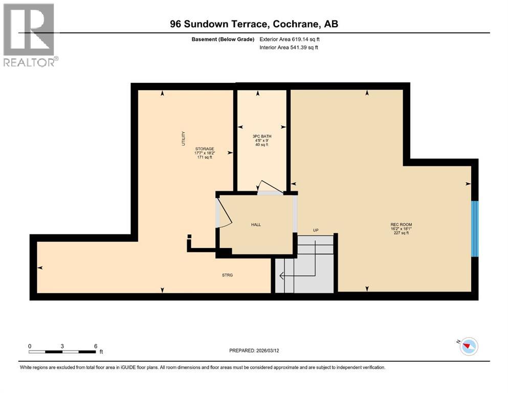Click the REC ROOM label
click(401, 224)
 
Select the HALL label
click(256, 225)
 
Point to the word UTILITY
click(184, 138)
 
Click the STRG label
click(227, 275)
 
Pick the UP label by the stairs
click(316, 230)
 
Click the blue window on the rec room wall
click(474, 228)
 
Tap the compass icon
click(468, 346)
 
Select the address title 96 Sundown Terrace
click(254, 24)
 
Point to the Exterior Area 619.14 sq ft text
click(292, 39)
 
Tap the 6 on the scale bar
click(96, 346)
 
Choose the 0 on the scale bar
click(30, 346)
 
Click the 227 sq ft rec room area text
click(401, 233)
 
